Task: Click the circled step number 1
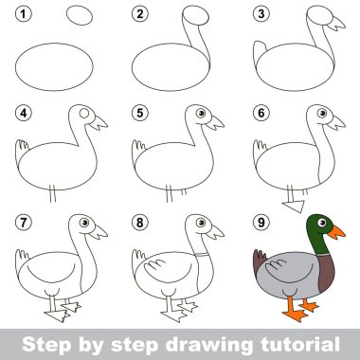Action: click(x=24, y=14)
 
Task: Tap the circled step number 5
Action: click(x=140, y=113)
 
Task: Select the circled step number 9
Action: click(x=261, y=223)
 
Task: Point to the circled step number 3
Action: click(x=261, y=14)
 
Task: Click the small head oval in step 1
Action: click(x=80, y=15)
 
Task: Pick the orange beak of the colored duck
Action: click(x=336, y=232)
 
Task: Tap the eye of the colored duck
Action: click(x=322, y=223)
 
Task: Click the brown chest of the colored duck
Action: click(x=326, y=272)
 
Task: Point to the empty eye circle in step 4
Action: click(x=84, y=113)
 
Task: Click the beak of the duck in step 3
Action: click(x=336, y=24)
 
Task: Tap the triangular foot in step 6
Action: click(x=295, y=206)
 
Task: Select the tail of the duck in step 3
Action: click(x=260, y=52)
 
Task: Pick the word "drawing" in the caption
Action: click(x=209, y=346)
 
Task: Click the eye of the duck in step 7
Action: click(x=84, y=223)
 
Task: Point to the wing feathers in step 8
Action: click(x=154, y=265)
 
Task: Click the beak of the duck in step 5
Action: click(x=215, y=123)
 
